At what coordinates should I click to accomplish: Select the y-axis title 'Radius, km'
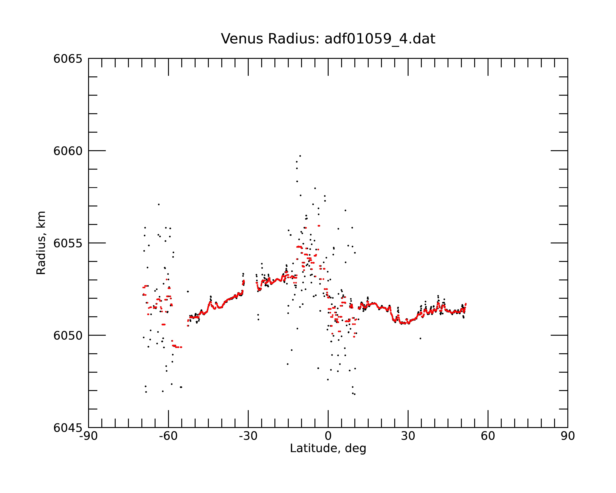[x=41, y=243]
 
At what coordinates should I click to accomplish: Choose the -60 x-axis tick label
[x=168, y=436]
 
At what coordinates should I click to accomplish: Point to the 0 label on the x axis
[x=328, y=436]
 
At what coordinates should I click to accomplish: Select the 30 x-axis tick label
[x=408, y=436]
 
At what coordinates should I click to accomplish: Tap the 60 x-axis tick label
[x=488, y=436]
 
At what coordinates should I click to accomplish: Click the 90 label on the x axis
[x=568, y=436]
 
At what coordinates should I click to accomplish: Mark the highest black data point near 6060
[x=300, y=156]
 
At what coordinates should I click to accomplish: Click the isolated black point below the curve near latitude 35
[x=420, y=338]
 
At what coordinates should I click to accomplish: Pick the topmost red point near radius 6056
[x=319, y=226]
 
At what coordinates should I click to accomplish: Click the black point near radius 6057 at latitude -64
[x=159, y=204]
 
